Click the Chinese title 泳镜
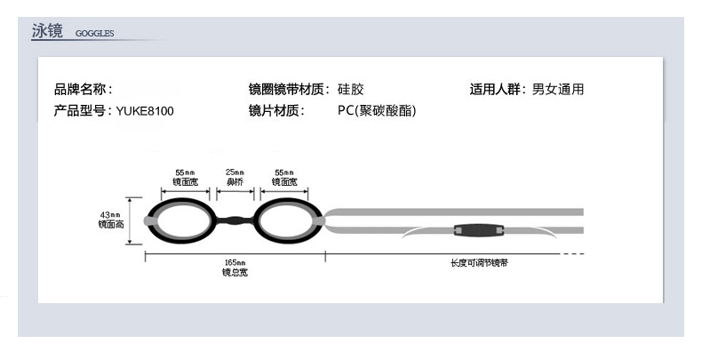[47, 32]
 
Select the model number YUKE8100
[146, 112]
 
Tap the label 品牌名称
[84, 90]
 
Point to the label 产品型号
[84, 112]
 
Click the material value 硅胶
[351, 90]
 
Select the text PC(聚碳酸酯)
[377, 112]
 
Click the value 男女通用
[558, 90]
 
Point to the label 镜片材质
[277, 112]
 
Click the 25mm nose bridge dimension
[235, 175]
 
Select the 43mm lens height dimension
[111, 220]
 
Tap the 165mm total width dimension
[235, 268]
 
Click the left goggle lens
[185, 220]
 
